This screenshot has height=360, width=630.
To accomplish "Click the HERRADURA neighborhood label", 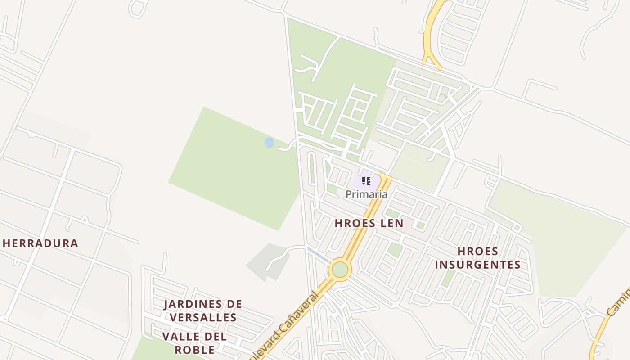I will (40, 243).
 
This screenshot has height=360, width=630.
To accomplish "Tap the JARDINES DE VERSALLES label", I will (203, 310).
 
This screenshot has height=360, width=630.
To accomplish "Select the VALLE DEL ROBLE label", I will (194, 343).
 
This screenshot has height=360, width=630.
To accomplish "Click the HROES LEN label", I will (369, 223).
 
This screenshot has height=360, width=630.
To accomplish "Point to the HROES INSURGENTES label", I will (477, 258).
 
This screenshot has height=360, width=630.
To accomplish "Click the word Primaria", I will (366, 194).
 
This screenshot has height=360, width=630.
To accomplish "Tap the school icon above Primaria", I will (366, 181).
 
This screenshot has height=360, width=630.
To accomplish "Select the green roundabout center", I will (340, 270).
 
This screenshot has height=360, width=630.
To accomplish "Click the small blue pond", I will (270, 143).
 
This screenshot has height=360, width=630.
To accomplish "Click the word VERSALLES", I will (203, 317).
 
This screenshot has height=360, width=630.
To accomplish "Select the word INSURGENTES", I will (477, 265).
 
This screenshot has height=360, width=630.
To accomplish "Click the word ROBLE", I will (194, 350).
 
